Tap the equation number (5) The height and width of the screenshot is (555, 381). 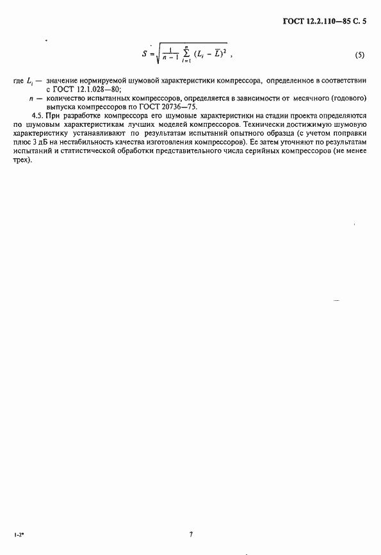pos(359,55)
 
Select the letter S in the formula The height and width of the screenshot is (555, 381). pos(145,54)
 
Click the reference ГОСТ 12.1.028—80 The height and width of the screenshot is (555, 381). pos(83,90)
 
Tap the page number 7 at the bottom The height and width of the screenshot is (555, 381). pos(190,533)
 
